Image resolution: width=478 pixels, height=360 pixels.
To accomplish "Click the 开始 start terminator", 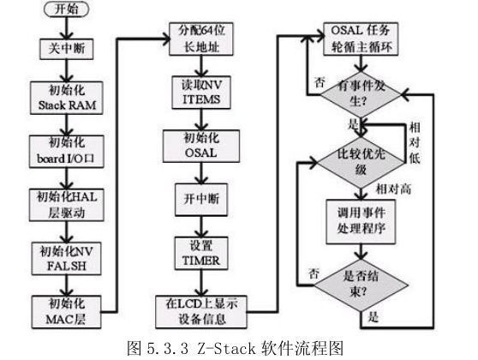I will [x=62, y=11].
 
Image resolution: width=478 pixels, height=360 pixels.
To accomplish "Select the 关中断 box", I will [x=61, y=49].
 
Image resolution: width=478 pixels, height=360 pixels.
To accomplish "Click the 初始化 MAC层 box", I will [x=62, y=308].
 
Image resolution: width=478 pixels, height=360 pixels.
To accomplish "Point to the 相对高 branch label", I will [x=393, y=189].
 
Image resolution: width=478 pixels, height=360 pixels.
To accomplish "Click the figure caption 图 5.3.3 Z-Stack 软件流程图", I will [x=239, y=348].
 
